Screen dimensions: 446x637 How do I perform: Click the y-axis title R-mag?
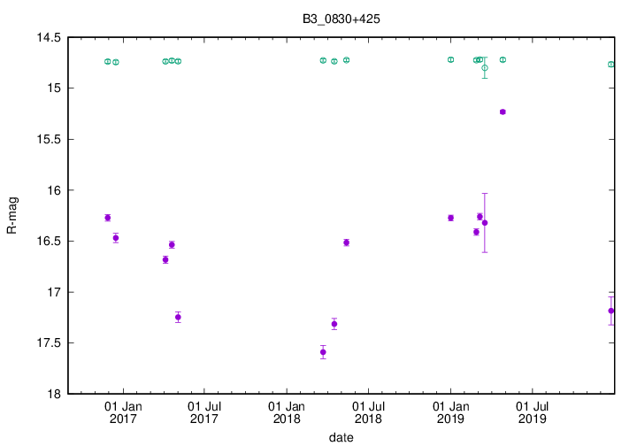12,215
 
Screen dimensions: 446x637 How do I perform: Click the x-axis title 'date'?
341,437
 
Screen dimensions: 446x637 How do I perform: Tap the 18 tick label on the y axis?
54,394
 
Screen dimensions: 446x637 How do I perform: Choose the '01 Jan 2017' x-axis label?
123,413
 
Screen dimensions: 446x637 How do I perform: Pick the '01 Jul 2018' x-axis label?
368,413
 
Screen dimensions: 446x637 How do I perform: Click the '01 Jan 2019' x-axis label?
450,413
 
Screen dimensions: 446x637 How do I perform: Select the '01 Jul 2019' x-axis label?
532,413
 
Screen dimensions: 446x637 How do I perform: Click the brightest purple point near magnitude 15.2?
503,111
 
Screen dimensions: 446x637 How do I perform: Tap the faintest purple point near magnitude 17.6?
323,352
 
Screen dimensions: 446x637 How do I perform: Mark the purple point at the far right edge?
611,311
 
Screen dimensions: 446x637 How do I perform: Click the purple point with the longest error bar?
485,223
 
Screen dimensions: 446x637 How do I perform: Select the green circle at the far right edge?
611,65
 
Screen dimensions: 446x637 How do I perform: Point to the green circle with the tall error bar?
485,67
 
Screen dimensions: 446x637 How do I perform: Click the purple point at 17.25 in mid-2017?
178,317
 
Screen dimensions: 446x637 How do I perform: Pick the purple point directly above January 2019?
450,218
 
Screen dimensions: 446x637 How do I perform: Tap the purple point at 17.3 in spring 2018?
334,324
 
